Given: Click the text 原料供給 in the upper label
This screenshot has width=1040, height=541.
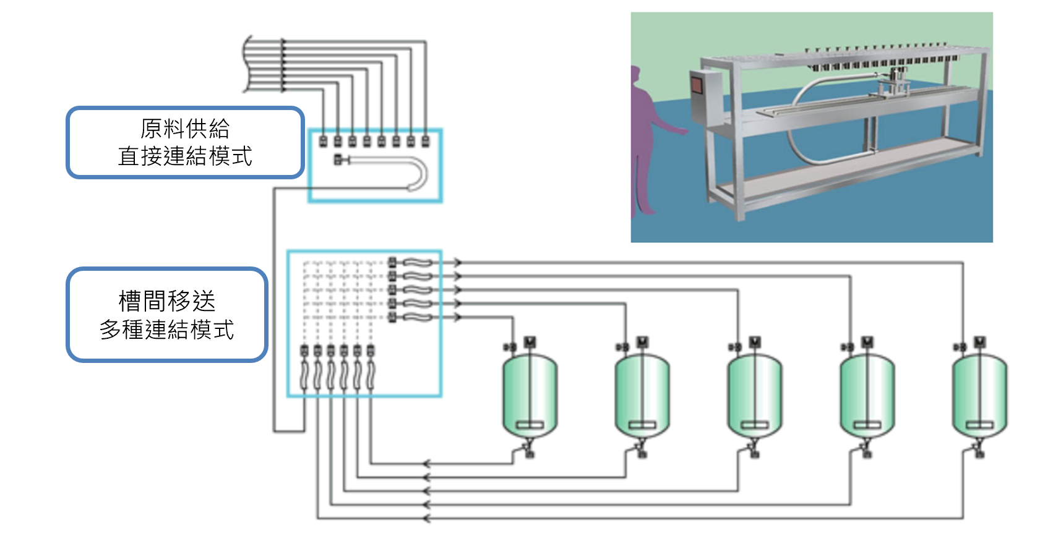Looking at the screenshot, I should click(x=185, y=129).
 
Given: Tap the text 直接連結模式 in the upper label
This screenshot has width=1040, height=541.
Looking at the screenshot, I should click(x=185, y=156).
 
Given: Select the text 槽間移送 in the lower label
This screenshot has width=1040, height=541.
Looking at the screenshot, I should click(x=167, y=301).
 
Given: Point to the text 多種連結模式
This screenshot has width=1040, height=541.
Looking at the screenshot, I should click(x=167, y=330).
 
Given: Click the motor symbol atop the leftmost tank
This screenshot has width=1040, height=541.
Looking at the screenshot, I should click(x=530, y=342).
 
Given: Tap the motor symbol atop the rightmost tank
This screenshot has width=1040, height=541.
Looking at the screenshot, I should click(x=980, y=342).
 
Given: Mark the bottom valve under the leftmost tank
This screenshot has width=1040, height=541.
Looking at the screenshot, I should click(x=530, y=453).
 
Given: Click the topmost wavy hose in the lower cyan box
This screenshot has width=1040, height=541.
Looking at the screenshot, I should click(x=418, y=263).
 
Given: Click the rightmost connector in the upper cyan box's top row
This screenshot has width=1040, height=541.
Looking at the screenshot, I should click(x=425, y=142).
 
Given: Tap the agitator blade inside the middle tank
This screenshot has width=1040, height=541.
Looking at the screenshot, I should click(x=754, y=425).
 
